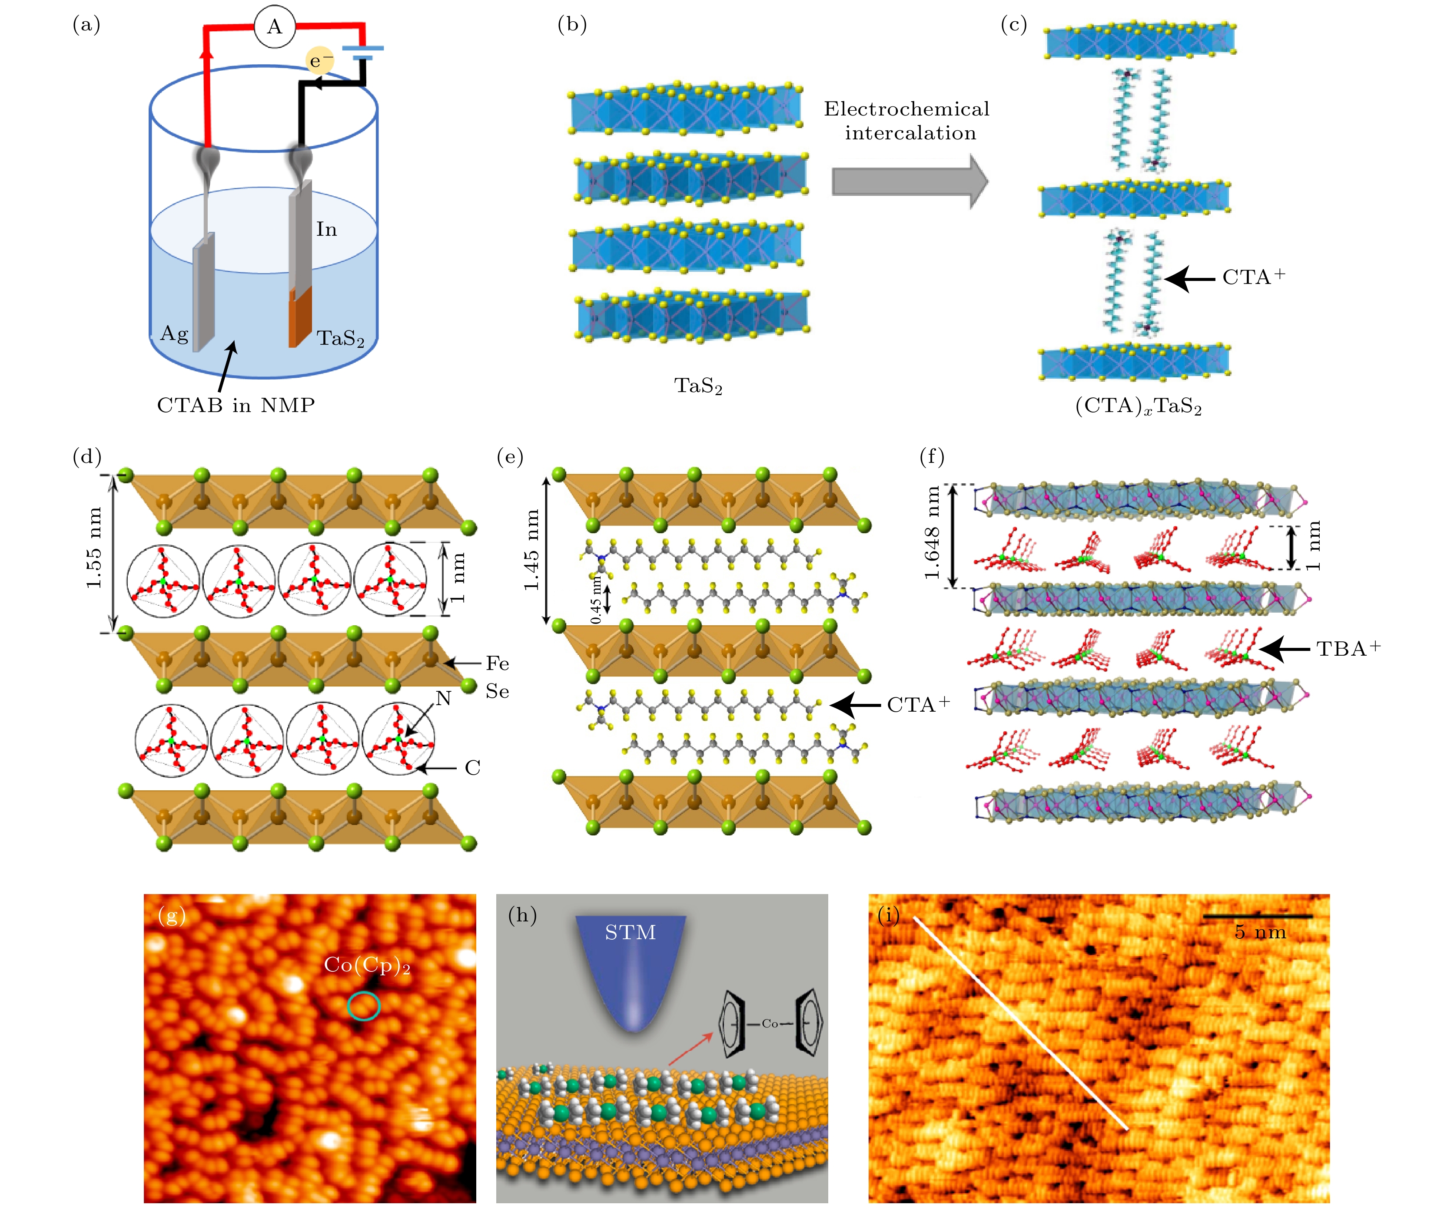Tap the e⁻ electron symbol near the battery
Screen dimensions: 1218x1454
click(x=319, y=61)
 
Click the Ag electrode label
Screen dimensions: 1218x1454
click(x=174, y=334)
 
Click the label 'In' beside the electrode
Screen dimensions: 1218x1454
click(x=326, y=229)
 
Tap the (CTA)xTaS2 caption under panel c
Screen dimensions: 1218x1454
click(x=1138, y=406)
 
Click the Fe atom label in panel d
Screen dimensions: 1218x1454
click(x=497, y=663)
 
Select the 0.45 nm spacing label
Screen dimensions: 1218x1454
click(x=595, y=599)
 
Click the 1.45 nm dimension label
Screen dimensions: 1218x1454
click(x=531, y=550)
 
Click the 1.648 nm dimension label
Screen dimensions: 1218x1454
click(x=932, y=533)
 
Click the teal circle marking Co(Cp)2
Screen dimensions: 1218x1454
click(x=363, y=1006)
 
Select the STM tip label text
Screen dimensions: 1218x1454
click(x=630, y=933)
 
